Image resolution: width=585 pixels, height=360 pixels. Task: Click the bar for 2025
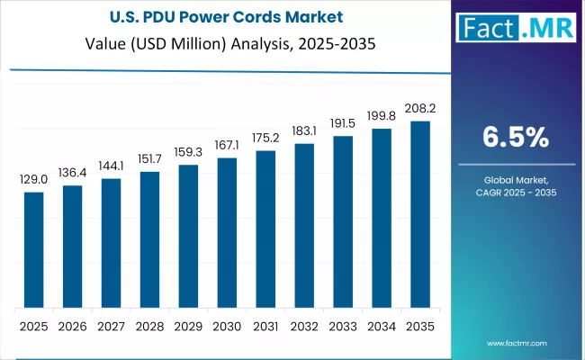pos(33,249)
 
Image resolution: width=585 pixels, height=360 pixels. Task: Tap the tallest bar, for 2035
pos(420,213)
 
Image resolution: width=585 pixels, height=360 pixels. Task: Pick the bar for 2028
pos(149,238)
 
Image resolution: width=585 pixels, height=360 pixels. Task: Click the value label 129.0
pos(33,180)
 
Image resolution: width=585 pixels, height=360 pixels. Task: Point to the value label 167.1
pos(227,146)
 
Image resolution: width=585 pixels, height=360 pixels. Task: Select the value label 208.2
pos(420,108)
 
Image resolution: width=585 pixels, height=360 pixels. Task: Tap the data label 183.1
pos(304,130)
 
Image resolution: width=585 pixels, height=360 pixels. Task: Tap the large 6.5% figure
pos(516,137)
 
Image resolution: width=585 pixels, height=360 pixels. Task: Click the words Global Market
pos(516,181)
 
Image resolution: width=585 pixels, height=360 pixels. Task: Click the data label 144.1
pos(111,166)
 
